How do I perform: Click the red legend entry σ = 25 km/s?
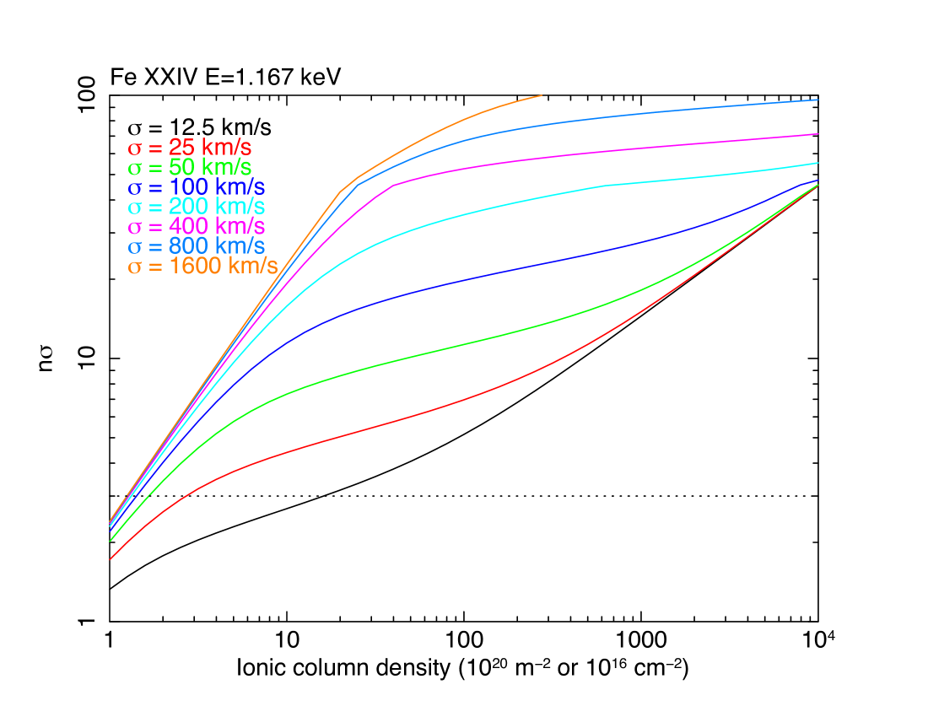[189, 147]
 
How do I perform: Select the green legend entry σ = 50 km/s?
[189, 167]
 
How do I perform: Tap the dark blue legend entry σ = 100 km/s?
[196, 187]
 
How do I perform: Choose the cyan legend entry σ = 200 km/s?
[196, 207]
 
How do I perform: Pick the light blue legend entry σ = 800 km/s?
[196, 246]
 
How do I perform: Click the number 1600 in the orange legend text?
[192, 267]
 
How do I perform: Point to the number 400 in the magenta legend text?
[185, 227]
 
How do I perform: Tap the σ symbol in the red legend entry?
[134, 148]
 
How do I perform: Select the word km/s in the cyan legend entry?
[240, 207]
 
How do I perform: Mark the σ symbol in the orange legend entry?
[134, 267]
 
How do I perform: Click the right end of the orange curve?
[541, 95]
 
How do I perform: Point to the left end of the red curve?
[111, 558]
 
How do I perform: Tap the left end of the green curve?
[111, 541]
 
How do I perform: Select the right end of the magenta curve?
[817, 133]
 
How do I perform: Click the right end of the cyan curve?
[817, 163]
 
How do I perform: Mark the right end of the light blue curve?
[817, 100]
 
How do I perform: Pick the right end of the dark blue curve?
[817, 180]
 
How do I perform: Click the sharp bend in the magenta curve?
[394, 184]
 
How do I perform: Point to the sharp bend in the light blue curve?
[359, 184]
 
